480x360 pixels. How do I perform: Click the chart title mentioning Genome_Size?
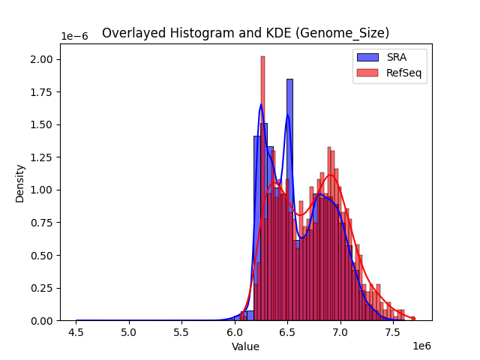tap(245, 33)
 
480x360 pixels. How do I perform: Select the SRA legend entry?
tap(390, 58)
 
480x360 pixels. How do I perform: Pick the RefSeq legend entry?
tap(390, 72)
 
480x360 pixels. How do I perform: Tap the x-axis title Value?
tap(245, 346)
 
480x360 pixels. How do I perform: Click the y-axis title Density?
tap(20, 183)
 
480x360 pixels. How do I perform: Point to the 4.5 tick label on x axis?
tap(76, 331)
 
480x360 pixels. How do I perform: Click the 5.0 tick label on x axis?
tap(130, 331)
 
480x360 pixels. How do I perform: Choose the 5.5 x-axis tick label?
tap(182, 331)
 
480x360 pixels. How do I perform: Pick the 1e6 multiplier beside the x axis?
tap(421, 346)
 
